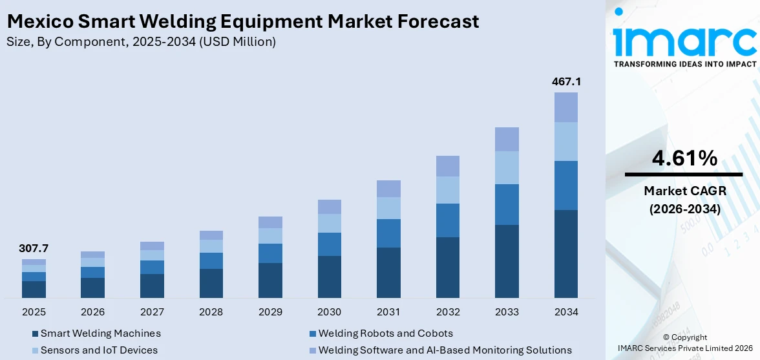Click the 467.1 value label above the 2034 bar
click(x=565, y=82)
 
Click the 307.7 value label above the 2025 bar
click(x=34, y=249)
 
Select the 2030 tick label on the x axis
click(x=329, y=312)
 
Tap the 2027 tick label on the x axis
click(x=152, y=312)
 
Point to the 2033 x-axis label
click(x=507, y=312)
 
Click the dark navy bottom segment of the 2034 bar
click(x=565, y=253)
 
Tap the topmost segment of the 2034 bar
click(x=565, y=107)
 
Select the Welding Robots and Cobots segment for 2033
click(x=507, y=204)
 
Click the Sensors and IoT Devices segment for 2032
click(x=447, y=190)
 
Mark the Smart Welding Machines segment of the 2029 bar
click(x=270, y=280)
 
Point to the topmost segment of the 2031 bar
click(x=388, y=189)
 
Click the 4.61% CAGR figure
click(x=683, y=158)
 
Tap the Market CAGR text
click(x=683, y=191)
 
